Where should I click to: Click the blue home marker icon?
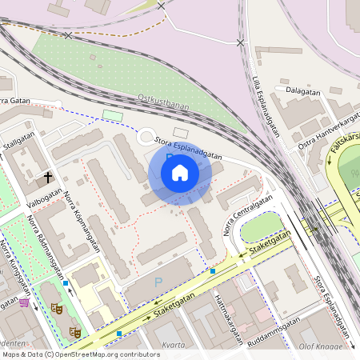pyautogui.click(x=180, y=173)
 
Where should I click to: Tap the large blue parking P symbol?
pyautogui.click(x=158, y=282)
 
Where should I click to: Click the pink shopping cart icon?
pyautogui.click(x=25, y=302)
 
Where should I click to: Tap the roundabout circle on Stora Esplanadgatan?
pyautogui.click(x=147, y=137)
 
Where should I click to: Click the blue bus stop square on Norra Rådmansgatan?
pyautogui.click(x=66, y=283)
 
